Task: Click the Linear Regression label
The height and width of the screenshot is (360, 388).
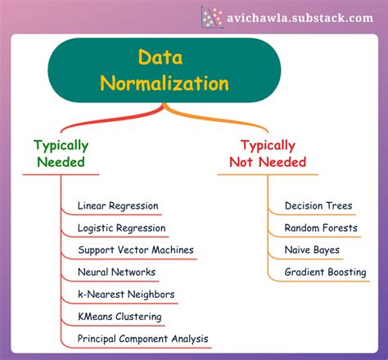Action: (x=118, y=205)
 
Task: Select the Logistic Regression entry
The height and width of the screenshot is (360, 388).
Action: (x=121, y=227)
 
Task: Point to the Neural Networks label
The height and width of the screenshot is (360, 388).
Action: (x=116, y=272)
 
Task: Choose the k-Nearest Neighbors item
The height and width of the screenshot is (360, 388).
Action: (x=126, y=294)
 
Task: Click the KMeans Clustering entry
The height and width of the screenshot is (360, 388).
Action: (x=120, y=316)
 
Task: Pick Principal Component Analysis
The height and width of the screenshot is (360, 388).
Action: (x=142, y=338)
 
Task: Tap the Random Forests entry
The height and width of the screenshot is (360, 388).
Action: (x=321, y=227)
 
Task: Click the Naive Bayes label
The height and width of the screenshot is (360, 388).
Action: (x=312, y=250)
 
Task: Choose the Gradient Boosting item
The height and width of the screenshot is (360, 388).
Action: (x=325, y=272)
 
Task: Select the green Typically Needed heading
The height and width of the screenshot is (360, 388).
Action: (x=61, y=153)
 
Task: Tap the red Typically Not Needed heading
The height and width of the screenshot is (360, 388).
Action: (x=267, y=153)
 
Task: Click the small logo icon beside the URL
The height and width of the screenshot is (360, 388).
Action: (x=212, y=16)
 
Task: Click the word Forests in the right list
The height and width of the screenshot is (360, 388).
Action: (x=338, y=227)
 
